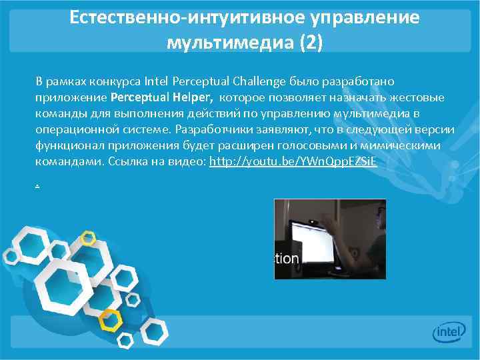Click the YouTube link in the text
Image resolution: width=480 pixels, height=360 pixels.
tap(293, 162)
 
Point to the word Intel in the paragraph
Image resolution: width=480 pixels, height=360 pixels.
tap(158, 81)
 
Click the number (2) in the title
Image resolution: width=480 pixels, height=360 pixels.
tap(311, 43)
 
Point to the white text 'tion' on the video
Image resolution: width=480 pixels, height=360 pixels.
tap(287, 258)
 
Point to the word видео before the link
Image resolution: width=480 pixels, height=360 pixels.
tap(190, 162)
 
